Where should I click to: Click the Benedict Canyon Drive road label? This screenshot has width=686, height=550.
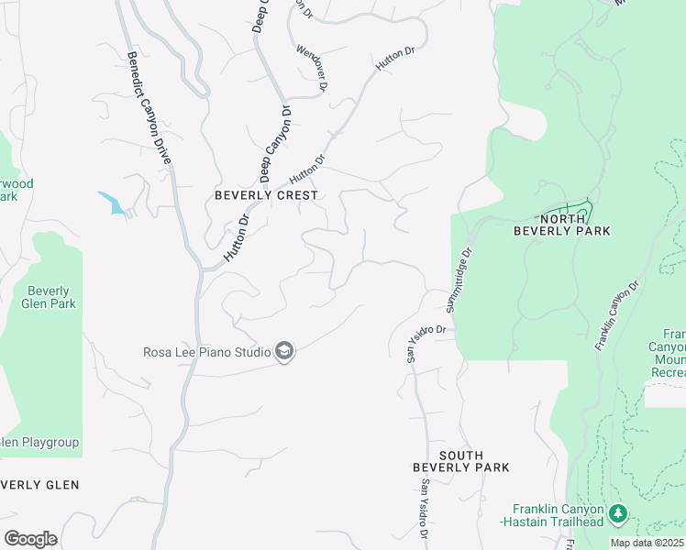tap(149, 108)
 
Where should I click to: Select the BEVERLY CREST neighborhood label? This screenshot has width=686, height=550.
tap(266, 195)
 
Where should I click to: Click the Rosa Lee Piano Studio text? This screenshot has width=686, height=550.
tap(206, 351)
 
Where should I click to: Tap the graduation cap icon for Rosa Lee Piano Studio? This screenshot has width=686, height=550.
tap(284, 351)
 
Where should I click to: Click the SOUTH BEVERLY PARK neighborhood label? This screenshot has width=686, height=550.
tap(460, 461)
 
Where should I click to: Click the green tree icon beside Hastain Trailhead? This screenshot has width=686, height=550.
tap(618, 511)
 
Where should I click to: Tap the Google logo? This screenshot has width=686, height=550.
tap(30, 539)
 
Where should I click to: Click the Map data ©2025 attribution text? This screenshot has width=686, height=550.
tap(647, 543)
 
